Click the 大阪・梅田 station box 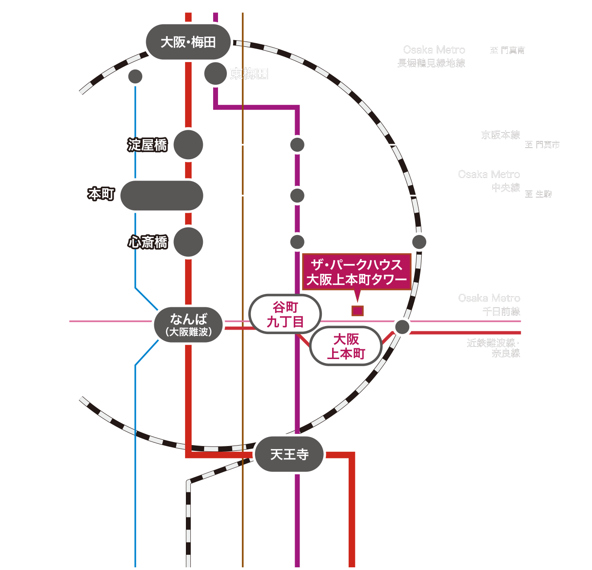click(x=188, y=42)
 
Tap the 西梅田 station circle click(x=135, y=77)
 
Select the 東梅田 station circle click(x=215, y=74)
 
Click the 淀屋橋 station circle click(x=188, y=145)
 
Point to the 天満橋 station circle click(x=297, y=145)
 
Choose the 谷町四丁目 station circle click(x=297, y=195)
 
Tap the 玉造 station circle click(x=419, y=242)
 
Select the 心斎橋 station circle click(x=188, y=242)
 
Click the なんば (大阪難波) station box click(x=188, y=325)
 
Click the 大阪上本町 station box click(x=346, y=346)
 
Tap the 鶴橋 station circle click(x=402, y=326)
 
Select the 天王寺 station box click(x=289, y=454)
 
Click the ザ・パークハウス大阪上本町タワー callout click(x=357, y=272)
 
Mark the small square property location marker click(x=358, y=310)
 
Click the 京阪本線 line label click(x=501, y=135)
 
